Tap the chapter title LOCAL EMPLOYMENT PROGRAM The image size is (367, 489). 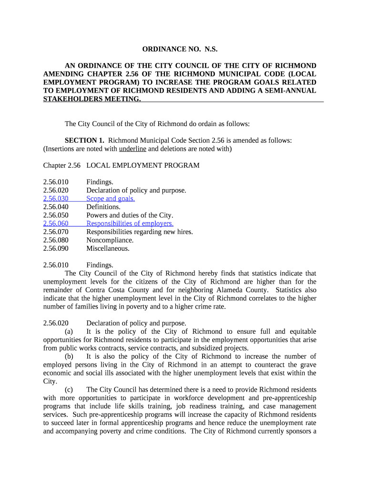[143, 165]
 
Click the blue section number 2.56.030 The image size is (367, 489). [56, 199]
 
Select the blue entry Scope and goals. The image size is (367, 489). [111, 199]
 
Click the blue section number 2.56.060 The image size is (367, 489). [56, 223]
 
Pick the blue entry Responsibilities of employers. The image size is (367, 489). [130, 223]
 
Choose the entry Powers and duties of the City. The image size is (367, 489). [130, 215]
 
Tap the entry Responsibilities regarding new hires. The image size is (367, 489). [140, 232]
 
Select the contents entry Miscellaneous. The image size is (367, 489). [108, 248]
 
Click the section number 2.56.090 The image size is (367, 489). [56, 248]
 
